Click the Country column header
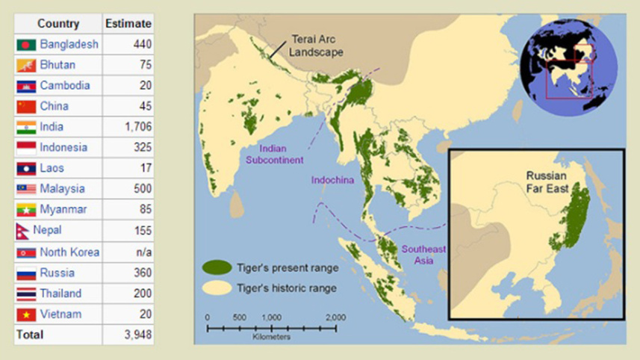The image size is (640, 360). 58,24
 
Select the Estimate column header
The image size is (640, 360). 128,24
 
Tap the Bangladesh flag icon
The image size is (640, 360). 26,45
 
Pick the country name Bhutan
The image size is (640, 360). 58,65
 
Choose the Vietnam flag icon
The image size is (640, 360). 26,314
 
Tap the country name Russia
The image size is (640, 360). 57,273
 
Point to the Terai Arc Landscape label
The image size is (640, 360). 317,46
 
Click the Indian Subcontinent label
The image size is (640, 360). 274,154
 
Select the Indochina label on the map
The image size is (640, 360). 332,181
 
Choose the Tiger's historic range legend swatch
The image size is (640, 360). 217,288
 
